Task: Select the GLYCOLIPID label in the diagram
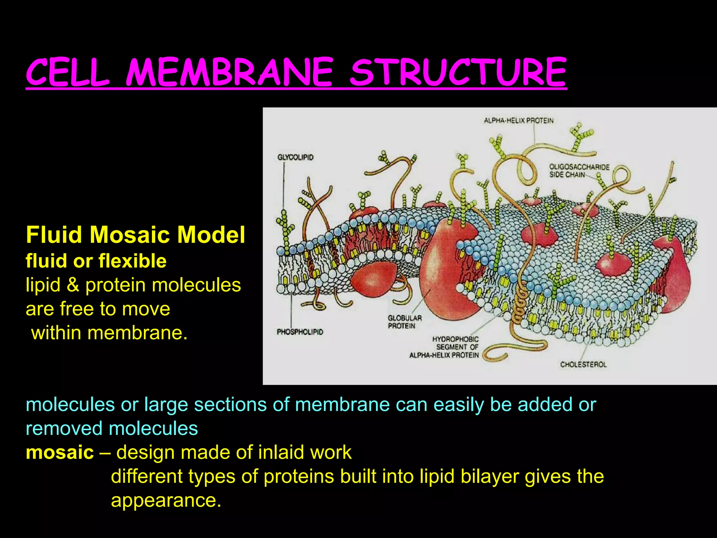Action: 295,157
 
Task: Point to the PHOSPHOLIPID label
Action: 300,332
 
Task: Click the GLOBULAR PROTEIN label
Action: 404,322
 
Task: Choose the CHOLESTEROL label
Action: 583,364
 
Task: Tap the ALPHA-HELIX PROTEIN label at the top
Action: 518,120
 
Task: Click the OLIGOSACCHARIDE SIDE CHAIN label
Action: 579,171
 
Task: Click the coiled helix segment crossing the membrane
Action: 519,301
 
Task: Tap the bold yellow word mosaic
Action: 60,452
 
